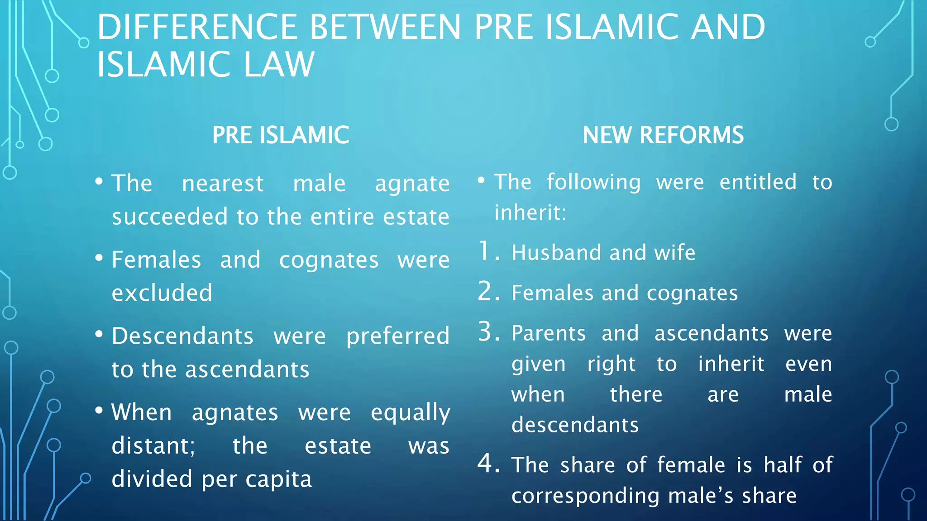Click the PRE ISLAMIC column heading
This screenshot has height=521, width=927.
pos(281,135)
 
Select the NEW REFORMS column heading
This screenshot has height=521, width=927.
pos(663,135)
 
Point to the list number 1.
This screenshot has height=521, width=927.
pos(488,251)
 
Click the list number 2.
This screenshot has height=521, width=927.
pos(488,292)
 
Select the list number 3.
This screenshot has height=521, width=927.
pos(488,332)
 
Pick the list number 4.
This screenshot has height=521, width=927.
pos(488,464)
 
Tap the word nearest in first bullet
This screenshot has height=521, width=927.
pos(222,184)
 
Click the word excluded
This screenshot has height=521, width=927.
pos(162,293)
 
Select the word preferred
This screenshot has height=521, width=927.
pos(398,336)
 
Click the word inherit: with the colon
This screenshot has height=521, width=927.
pos(530,212)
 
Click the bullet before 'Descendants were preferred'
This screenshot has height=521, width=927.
pos(99,335)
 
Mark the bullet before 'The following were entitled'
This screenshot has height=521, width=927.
pos(481,180)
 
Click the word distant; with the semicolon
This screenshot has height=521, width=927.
pos(153,446)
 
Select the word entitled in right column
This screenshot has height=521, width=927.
pos(758,182)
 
